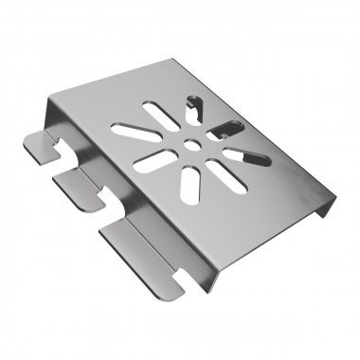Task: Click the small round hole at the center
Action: (x=192, y=144)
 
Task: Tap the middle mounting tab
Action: (x=78, y=187)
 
